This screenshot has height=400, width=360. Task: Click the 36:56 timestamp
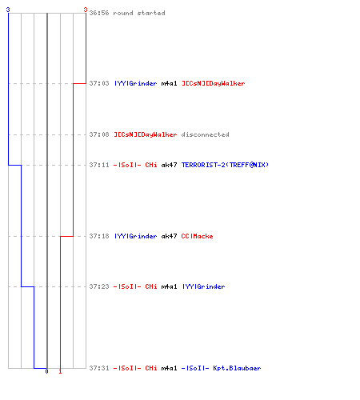click(99, 13)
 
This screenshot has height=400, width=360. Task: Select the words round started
click(139, 13)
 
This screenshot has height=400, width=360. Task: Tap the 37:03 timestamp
click(99, 83)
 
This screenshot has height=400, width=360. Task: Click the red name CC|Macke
click(197, 236)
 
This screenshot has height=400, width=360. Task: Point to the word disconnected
click(205, 134)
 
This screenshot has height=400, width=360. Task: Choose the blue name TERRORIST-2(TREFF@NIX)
click(225, 165)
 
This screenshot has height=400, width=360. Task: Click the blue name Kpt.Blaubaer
click(237, 368)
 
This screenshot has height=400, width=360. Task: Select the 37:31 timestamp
click(99, 368)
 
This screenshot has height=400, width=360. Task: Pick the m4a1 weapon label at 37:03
click(169, 83)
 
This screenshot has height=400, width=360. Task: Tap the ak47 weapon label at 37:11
click(169, 165)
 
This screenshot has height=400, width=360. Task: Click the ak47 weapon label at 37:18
click(169, 236)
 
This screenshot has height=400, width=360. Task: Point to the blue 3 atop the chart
click(8, 10)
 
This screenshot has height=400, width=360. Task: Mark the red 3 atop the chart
click(86, 10)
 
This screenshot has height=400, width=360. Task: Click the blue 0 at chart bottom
click(46, 371)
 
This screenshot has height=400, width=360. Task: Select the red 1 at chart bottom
click(60, 371)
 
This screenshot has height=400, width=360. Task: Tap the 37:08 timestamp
click(99, 134)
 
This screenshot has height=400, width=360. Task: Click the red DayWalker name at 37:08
click(146, 134)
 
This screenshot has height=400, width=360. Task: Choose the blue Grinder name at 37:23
click(203, 286)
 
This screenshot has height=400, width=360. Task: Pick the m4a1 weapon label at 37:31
click(169, 368)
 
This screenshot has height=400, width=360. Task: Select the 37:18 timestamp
click(99, 236)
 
